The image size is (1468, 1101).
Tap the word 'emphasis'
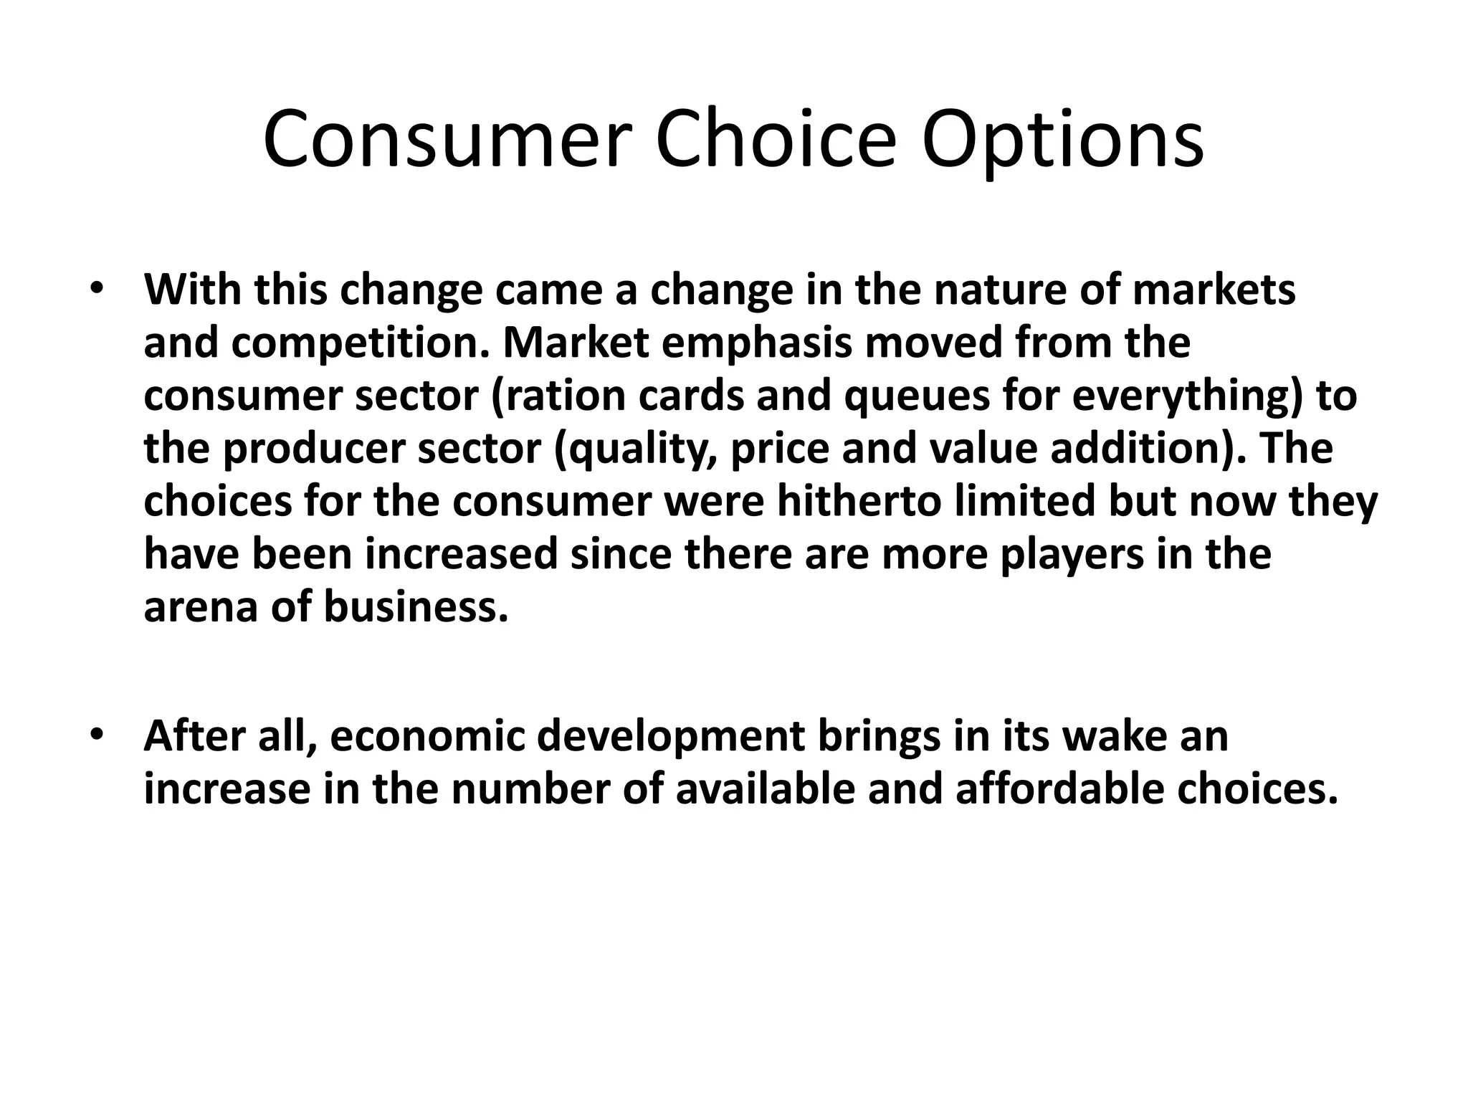757,343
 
